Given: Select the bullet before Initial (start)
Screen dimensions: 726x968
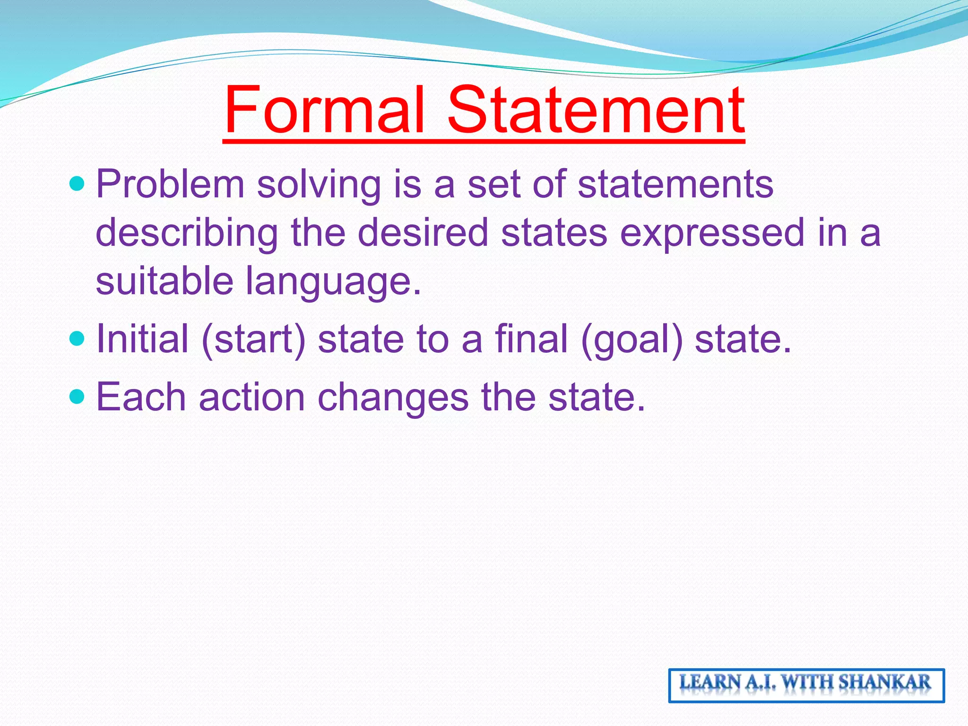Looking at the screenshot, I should (x=76, y=338).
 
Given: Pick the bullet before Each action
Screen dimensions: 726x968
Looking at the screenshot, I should (x=76, y=397).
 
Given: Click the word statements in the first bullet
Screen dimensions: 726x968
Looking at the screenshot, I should (x=675, y=184).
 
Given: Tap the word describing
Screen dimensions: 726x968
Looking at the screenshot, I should (x=187, y=233).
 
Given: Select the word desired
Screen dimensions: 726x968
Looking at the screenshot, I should (x=423, y=233).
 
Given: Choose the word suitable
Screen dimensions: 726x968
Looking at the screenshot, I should (x=164, y=281).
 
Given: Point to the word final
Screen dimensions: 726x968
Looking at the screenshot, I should (x=531, y=338).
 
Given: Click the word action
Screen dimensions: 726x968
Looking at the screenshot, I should (x=252, y=398).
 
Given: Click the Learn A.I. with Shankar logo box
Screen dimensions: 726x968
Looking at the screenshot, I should (x=806, y=685).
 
